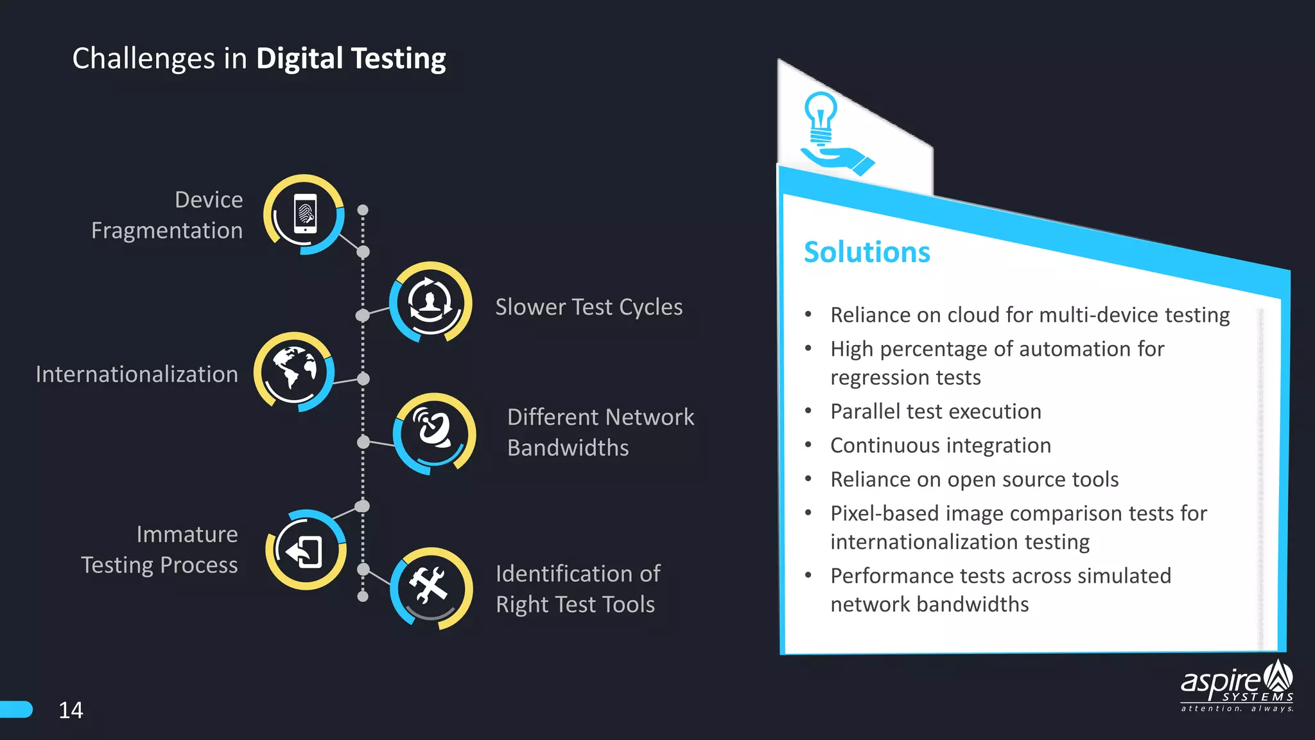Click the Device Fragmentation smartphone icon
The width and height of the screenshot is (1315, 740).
(x=304, y=214)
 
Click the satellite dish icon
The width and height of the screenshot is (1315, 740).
(x=434, y=433)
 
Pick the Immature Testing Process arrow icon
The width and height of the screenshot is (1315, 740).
(x=306, y=551)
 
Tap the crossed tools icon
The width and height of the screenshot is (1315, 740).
(x=430, y=586)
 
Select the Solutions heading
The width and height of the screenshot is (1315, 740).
(x=866, y=252)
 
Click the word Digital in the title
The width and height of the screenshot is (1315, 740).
(x=300, y=58)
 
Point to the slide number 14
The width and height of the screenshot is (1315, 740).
(x=71, y=710)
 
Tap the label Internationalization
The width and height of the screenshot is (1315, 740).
(x=137, y=374)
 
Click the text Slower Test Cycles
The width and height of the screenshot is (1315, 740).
(x=589, y=307)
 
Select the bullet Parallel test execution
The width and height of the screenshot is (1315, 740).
(x=935, y=411)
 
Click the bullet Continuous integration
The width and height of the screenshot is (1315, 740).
(x=940, y=445)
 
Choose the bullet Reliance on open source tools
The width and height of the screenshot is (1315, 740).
(x=974, y=479)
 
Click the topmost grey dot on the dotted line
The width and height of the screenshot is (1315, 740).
(x=363, y=210)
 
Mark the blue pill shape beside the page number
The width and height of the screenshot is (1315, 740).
(x=16, y=709)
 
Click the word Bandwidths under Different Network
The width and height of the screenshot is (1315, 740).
(x=568, y=448)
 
